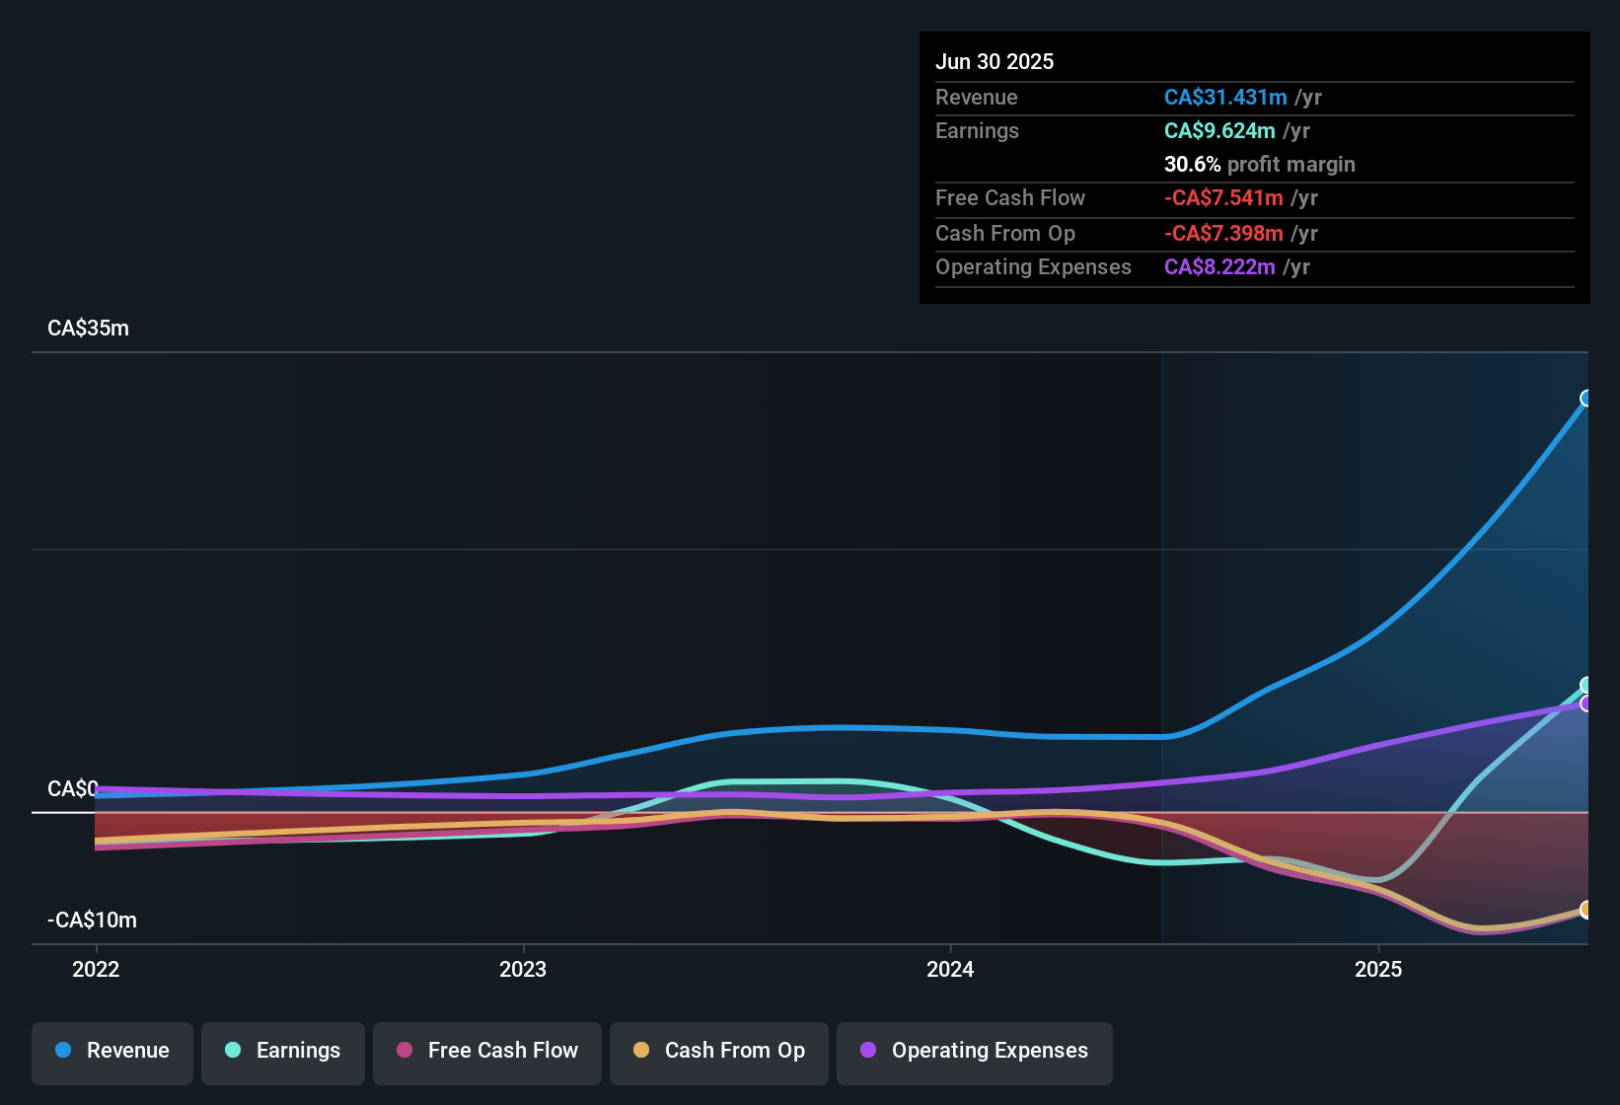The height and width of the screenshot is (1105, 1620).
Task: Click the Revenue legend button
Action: [x=112, y=1051]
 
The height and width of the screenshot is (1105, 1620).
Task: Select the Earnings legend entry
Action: [x=283, y=1051]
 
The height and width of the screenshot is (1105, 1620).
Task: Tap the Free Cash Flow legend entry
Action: [x=487, y=1051]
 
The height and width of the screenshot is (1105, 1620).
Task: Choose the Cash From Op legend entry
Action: [x=719, y=1051]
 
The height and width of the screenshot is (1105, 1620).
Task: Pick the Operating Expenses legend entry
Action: [x=975, y=1051]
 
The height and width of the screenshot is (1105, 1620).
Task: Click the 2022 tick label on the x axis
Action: [x=96, y=969]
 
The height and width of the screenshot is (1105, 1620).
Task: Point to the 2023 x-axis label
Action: [x=523, y=969]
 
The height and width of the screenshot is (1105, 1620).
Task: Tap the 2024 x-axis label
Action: [x=950, y=969]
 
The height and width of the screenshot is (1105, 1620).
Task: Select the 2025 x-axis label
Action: [x=1378, y=969]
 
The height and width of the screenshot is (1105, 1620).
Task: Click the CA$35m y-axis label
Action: [x=88, y=329]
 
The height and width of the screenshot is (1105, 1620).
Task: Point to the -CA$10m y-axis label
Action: [x=92, y=921]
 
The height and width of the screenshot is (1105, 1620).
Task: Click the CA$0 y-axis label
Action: [x=72, y=789]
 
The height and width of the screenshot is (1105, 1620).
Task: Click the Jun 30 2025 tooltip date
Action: [x=994, y=62]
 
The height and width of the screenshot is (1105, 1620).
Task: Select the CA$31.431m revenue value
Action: [x=1225, y=98]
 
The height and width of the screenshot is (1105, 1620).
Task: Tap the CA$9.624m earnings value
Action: [x=1219, y=131]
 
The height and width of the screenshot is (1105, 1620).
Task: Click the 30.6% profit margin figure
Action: [x=1192, y=165]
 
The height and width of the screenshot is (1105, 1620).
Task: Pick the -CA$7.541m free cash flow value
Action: [x=1223, y=198]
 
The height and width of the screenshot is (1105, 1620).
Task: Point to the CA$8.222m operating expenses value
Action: [x=1219, y=267]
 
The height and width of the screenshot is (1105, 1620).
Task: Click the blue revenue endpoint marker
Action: [x=1586, y=399]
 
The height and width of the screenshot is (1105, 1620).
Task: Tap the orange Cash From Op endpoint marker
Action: [x=1586, y=910]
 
